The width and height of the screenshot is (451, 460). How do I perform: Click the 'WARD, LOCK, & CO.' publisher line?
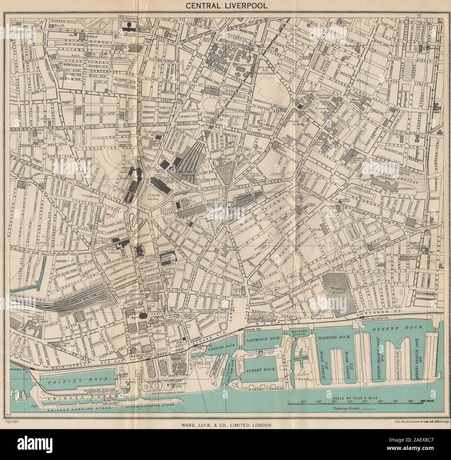(226, 425)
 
